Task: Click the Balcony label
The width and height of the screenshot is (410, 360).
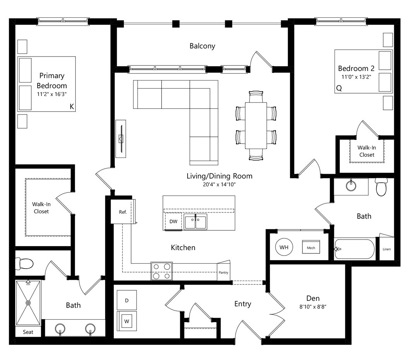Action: [202, 46]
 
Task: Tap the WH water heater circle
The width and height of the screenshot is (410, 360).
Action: [284, 247]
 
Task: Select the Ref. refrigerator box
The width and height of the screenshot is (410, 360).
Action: [123, 212]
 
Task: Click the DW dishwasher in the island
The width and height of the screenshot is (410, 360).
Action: [173, 221]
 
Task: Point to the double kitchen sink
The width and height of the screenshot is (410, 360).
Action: [195, 222]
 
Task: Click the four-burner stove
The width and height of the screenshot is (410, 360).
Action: [162, 271]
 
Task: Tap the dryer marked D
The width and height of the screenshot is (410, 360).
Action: [127, 300]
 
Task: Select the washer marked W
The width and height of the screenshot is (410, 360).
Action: [127, 321]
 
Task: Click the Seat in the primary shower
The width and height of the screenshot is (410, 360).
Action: [28, 332]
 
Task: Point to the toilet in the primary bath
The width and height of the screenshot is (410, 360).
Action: [24, 264]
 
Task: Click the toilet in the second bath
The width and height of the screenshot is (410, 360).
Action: [381, 187]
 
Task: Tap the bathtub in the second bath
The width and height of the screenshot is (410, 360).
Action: [355, 249]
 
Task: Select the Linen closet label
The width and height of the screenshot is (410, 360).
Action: [387, 249]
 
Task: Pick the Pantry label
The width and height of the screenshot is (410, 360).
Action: [223, 273]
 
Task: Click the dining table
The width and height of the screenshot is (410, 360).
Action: [256, 125]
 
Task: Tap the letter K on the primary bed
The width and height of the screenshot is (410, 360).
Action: [72, 106]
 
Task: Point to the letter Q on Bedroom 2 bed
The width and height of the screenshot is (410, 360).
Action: [339, 88]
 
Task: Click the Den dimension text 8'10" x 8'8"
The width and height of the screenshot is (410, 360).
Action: [313, 307]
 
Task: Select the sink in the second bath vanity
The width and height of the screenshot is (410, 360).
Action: [351, 186]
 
